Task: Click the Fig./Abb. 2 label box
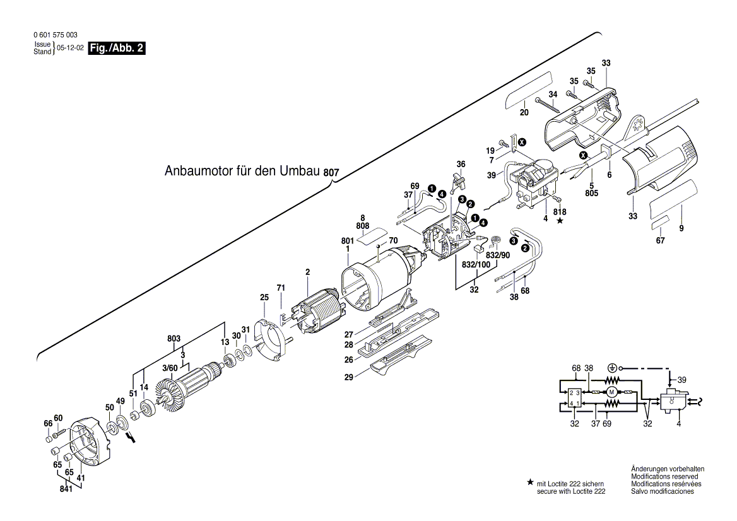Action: pos(117,49)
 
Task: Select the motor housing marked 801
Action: pos(372,278)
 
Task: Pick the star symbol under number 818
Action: pos(559,221)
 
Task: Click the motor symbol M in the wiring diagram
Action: pos(610,392)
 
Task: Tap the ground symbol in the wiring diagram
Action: pos(611,367)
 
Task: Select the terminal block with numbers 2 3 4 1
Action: pos(574,397)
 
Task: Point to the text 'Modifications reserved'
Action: pos(667,476)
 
